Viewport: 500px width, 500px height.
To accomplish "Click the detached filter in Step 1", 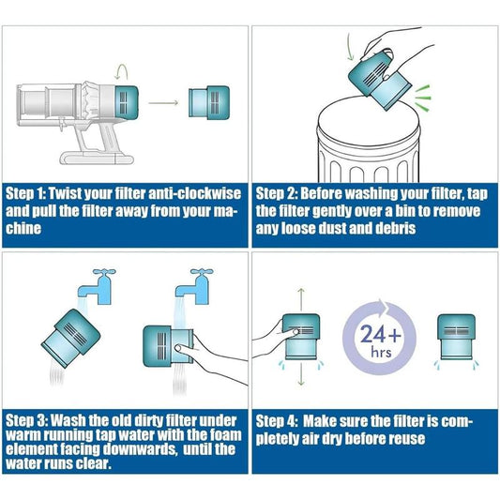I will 207,99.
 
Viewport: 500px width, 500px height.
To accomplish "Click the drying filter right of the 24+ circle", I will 460,340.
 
